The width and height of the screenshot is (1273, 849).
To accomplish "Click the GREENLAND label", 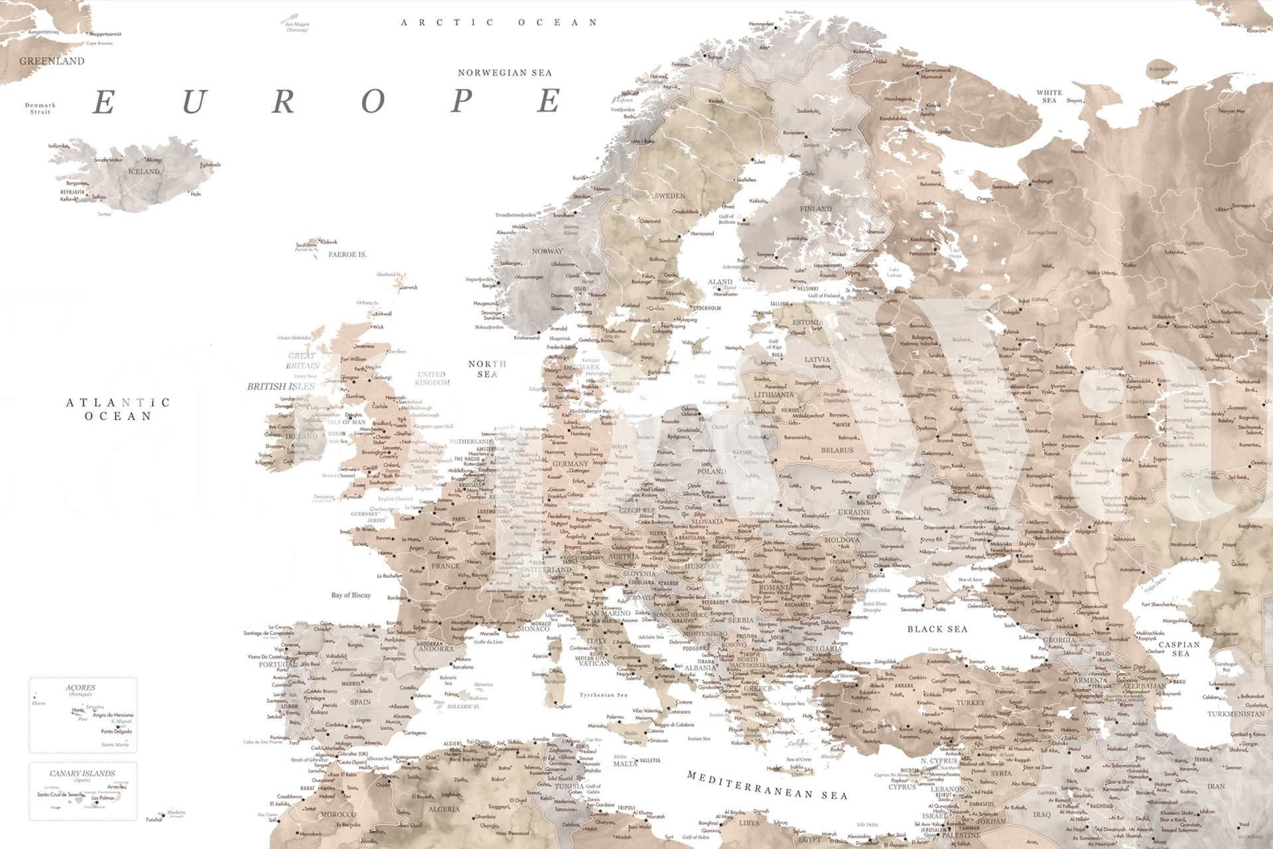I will pyautogui.click(x=52, y=61).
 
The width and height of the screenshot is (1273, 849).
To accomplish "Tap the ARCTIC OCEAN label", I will pyautogui.click(x=500, y=23).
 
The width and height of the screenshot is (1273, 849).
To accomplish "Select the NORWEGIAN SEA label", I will pyautogui.click(x=505, y=73).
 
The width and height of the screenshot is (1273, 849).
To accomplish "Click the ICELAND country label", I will pyautogui.click(x=144, y=171).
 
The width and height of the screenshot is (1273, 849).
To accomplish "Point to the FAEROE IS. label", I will pyautogui.click(x=348, y=255).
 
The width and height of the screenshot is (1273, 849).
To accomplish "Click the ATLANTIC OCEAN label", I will pyautogui.click(x=118, y=409).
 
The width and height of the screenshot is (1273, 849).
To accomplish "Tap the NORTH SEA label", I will pyautogui.click(x=488, y=369).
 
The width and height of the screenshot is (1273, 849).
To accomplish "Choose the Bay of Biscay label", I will pyautogui.click(x=351, y=595).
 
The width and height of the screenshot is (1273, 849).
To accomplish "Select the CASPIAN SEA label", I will pyautogui.click(x=1179, y=649).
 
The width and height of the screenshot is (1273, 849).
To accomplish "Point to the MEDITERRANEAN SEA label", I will pyautogui.click(x=767, y=786).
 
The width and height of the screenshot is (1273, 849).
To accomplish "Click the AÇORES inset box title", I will pyautogui.click(x=80, y=688).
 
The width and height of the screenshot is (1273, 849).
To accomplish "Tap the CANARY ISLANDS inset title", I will pyautogui.click(x=82, y=773).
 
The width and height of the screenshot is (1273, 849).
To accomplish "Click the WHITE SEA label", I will pyautogui.click(x=1049, y=96).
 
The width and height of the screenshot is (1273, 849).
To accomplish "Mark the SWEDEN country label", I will pyautogui.click(x=670, y=196).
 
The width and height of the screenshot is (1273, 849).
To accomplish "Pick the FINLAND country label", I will pyautogui.click(x=815, y=208).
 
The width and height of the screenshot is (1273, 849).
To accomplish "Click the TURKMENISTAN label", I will pyautogui.click(x=1235, y=714).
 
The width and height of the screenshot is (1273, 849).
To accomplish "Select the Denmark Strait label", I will pyautogui.click(x=40, y=108).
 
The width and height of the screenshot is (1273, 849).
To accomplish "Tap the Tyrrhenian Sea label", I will pyautogui.click(x=603, y=695).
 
